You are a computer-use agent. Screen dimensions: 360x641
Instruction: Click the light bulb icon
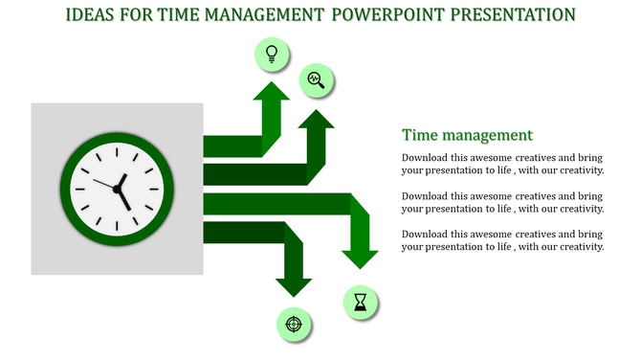click(272, 54)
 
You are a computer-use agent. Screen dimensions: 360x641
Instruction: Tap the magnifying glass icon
click(316, 80)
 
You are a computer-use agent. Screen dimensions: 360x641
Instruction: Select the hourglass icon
click(360, 304)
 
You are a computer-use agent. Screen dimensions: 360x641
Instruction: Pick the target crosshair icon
click(294, 324)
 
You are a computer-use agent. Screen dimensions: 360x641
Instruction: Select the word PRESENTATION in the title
click(506, 15)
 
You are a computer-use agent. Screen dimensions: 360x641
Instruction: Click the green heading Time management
click(467, 135)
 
